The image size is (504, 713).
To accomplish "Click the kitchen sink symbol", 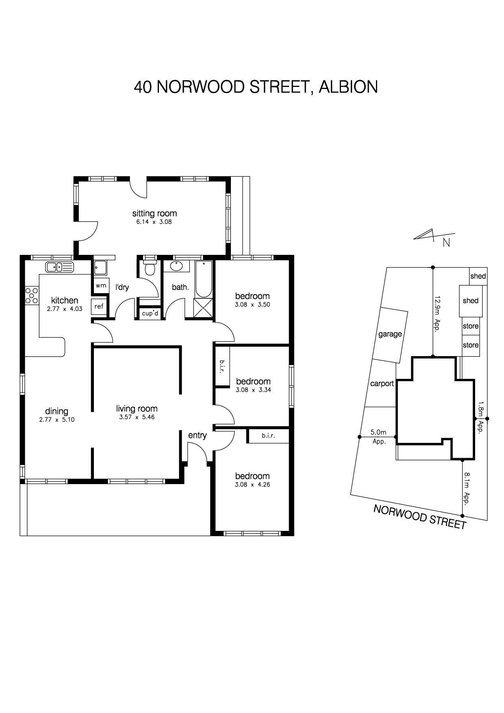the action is [x=59, y=267].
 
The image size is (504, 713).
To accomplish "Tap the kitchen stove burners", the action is [x=32, y=296].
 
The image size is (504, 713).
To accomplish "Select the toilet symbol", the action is [x=150, y=268].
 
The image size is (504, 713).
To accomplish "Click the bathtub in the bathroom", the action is [x=203, y=279].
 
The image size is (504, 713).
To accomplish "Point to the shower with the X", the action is [x=203, y=308].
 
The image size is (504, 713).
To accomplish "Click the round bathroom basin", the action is [x=176, y=266].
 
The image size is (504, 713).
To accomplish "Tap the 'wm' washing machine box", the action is [x=101, y=285].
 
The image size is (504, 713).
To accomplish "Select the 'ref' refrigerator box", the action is [x=99, y=307].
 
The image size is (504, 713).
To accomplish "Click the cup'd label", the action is [x=150, y=313].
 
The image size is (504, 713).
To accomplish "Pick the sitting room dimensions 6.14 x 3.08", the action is [x=154, y=222].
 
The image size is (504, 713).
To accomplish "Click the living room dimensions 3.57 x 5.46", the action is [x=137, y=417].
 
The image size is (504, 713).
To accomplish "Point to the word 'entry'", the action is [x=198, y=435].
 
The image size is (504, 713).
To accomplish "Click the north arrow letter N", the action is [x=446, y=243].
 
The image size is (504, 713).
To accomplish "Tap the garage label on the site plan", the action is [x=390, y=334].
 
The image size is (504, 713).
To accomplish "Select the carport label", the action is [x=382, y=384].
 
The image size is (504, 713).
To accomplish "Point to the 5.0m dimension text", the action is [x=378, y=433].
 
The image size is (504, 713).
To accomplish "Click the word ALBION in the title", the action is [x=348, y=87].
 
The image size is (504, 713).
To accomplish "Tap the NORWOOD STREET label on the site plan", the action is [x=420, y=517].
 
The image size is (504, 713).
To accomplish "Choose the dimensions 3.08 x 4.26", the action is [x=252, y=485].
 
